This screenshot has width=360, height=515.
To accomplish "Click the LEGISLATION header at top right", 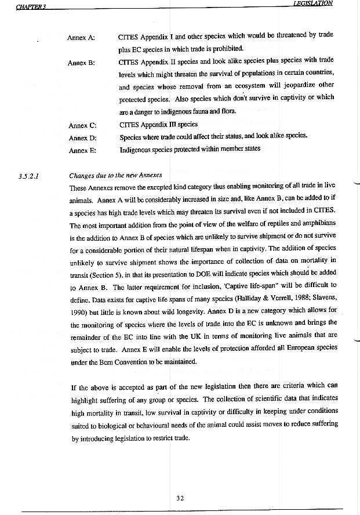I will pyautogui.click(x=313, y=3).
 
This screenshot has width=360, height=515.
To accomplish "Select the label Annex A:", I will pyautogui.click(x=81, y=38).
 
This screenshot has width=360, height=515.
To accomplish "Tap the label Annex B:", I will pyautogui.click(x=81, y=63).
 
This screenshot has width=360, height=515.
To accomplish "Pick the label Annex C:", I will pyautogui.click(x=82, y=125).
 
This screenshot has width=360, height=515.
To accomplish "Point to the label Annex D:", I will pyautogui.click(x=82, y=138).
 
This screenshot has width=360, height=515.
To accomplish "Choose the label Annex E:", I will pyautogui.click(x=81, y=151).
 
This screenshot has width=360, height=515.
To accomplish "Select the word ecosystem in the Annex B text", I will pyautogui.click(x=237, y=87).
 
